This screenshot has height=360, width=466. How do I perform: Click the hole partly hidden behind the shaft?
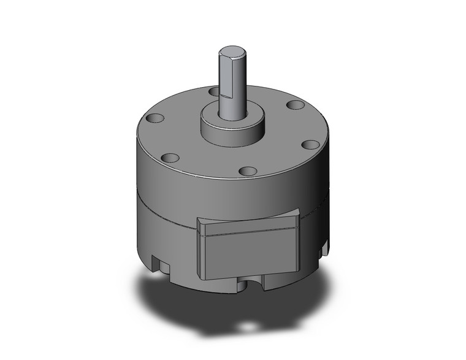[213, 91]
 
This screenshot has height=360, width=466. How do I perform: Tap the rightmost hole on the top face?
[311, 145]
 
